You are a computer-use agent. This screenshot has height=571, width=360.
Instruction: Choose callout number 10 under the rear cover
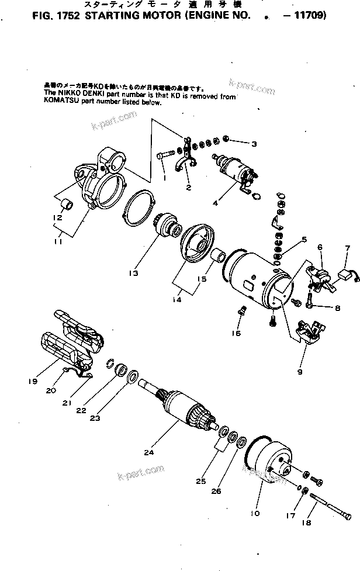[x=255, y=514]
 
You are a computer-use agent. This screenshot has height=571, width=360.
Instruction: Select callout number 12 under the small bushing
[x=57, y=218]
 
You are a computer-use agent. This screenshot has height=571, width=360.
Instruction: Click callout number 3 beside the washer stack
[x=254, y=144]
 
